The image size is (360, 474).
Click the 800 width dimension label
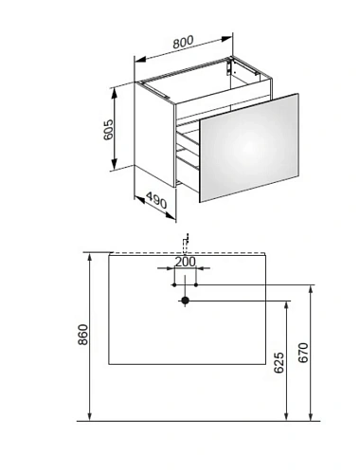[x=183, y=43]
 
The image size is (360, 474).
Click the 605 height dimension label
[x=108, y=130]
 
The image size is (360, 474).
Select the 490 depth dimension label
[x=156, y=201]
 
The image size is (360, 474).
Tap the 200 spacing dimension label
[x=186, y=262]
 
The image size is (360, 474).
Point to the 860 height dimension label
[x=82, y=335]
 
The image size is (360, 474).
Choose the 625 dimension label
[x=279, y=362]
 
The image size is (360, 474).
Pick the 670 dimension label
[x=303, y=353]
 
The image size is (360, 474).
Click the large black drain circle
[x=185, y=301]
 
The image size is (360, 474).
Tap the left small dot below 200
[x=174, y=285]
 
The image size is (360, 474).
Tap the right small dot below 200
[x=196, y=285]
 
